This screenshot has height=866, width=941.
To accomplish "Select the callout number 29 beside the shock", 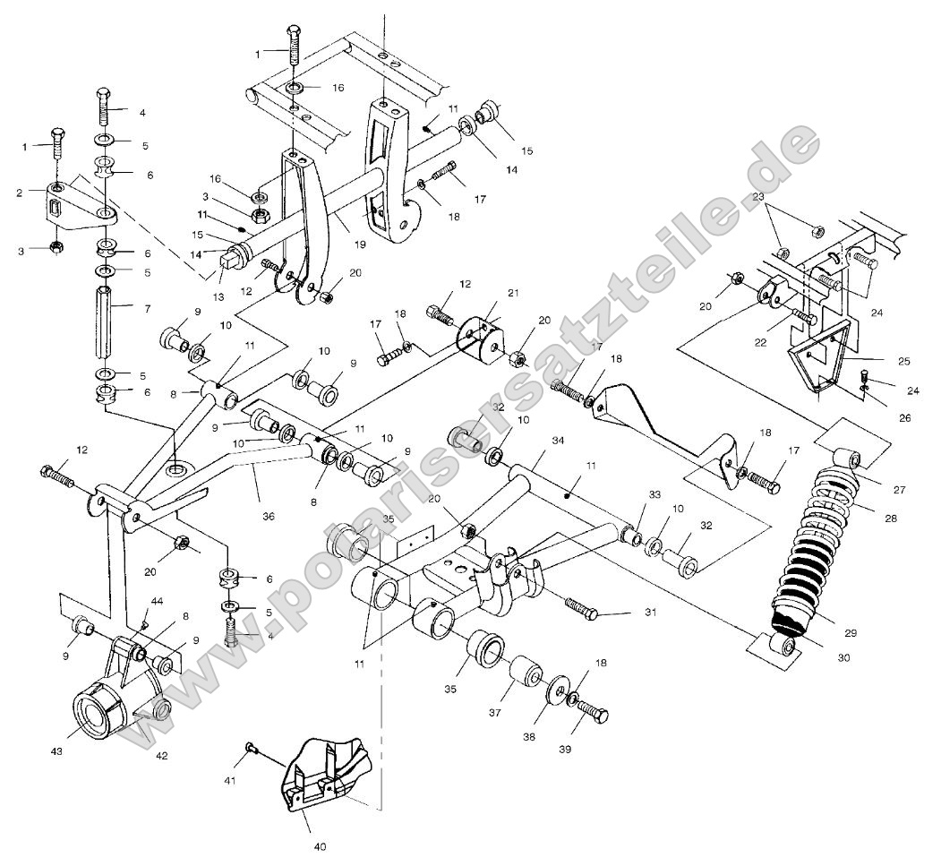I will (x=850, y=633).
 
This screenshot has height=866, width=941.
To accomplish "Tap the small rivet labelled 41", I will (x=251, y=746).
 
